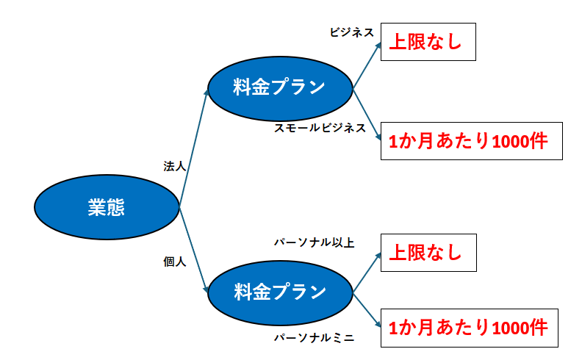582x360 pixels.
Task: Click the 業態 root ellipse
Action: pyautogui.click(x=107, y=208)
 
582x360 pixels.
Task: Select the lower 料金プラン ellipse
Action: pyautogui.click(x=279, y=292)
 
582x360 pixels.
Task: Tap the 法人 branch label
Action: pyautogui.click(x=175, y=167)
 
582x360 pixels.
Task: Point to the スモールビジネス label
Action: pyautogui.click(x=320, y=128)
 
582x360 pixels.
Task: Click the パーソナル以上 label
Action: pyautogui.click(x=315, y=242)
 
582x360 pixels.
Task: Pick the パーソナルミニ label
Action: pyautogui.click(x=315, y=338)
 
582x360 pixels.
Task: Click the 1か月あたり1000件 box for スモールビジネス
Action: pyautogui.click(x=471, y=141)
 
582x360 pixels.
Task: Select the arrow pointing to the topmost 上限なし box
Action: pyautogui.click(x=367, y=66)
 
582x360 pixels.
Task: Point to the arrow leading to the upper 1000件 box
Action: pyautogui.click(x=367, y=114)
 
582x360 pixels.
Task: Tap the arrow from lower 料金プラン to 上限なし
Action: pyautogui.click(x=367, y=273)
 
